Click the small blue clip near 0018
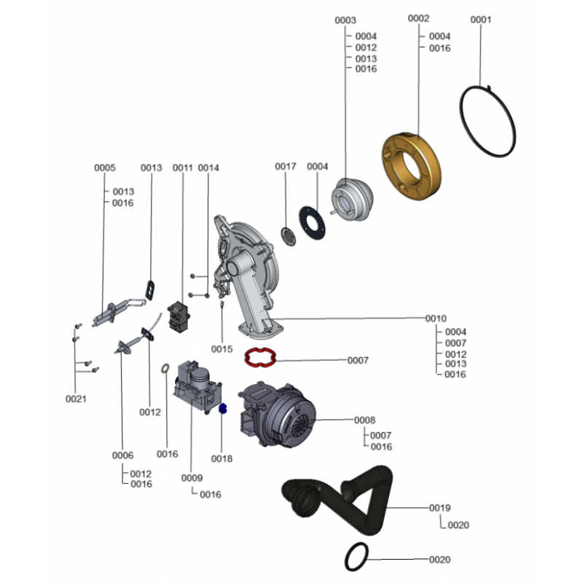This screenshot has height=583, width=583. [x=224, y=410]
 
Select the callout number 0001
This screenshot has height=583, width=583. [x=481, y=20]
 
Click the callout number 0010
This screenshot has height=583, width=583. [x=436, y=318]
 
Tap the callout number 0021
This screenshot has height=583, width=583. [x=76, y=399]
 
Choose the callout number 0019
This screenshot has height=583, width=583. [x=439, y=507]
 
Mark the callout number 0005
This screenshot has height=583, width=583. [x=105, y=168]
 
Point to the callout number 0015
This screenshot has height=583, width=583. [x=222, y=349]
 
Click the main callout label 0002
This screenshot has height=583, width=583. [x=419, y=17]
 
